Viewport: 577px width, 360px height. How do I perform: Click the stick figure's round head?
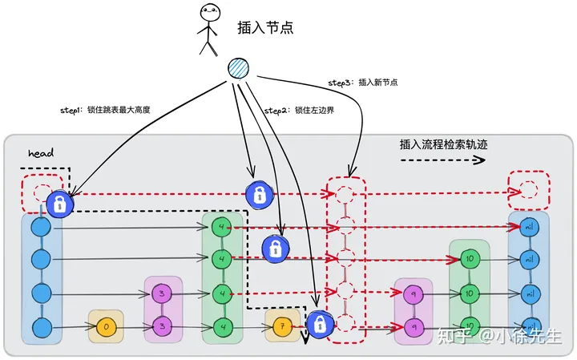[x=209, y=14]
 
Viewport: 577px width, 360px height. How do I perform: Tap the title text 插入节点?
[x=265, y=27]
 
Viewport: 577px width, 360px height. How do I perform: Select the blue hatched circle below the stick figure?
[x=239, y=69]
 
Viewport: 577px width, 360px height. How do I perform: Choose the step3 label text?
[x=363, y=82]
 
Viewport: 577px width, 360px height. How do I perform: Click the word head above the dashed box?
[x=40, y=153]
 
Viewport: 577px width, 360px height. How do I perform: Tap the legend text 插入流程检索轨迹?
[x=444, y=145]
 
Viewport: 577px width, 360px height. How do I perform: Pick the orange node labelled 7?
[x=281, y=326]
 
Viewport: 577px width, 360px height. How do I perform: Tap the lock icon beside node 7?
[x=318, y=324]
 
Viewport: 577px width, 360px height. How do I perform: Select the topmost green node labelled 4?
[x=222, y=227]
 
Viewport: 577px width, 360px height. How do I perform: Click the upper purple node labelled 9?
[x=414, y=294]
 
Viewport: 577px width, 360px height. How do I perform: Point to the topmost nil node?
[x=528, y=227]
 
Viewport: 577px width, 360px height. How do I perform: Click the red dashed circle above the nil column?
[x=528, y=190]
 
